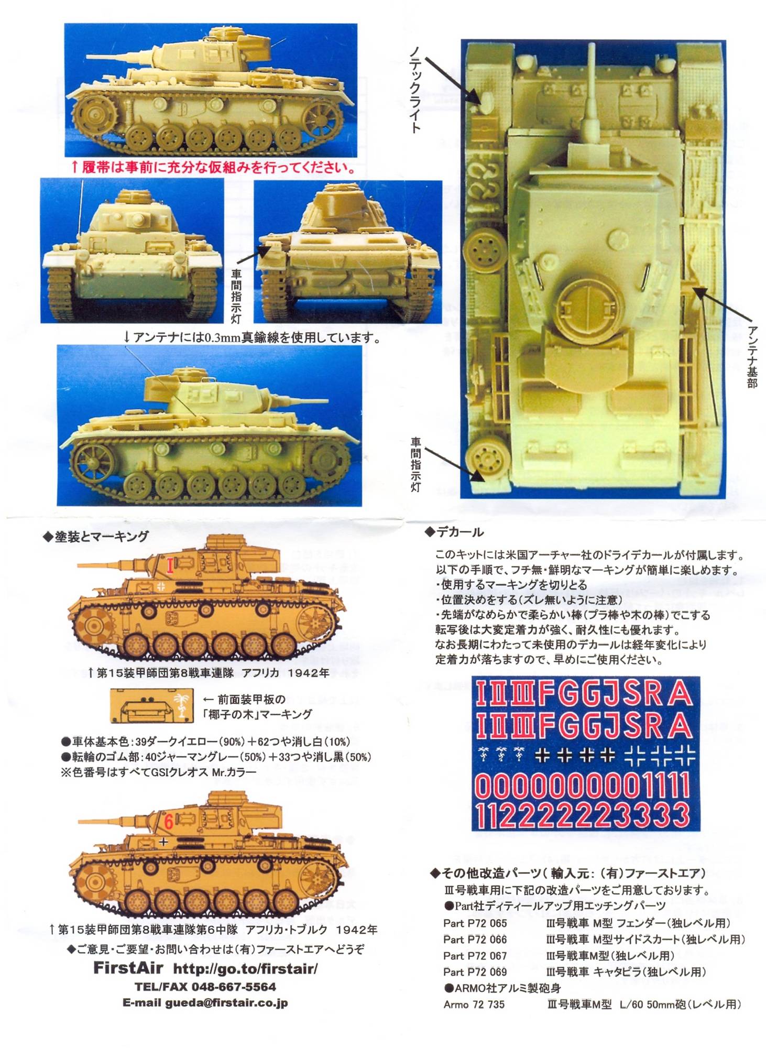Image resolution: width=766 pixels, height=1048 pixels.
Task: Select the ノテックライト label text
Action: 414,89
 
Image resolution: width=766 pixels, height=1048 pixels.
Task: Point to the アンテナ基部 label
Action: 752,356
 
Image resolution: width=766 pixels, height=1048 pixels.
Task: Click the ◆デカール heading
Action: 454,532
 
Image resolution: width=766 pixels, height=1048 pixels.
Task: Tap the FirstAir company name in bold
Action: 128,968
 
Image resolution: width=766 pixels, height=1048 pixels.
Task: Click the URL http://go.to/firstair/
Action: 245,969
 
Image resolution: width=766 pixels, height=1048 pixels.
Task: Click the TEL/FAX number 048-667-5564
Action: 205,987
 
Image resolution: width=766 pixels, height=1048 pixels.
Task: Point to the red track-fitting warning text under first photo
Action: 212,168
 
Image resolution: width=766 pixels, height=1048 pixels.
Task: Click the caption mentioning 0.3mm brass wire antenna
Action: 252,337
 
